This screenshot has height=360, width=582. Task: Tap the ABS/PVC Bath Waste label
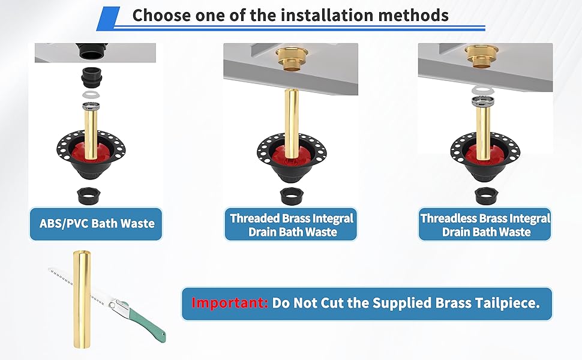click(96, 224)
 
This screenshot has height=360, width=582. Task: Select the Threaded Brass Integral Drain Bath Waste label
click(292, 225)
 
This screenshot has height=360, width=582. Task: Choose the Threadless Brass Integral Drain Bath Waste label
click(485, 225)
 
